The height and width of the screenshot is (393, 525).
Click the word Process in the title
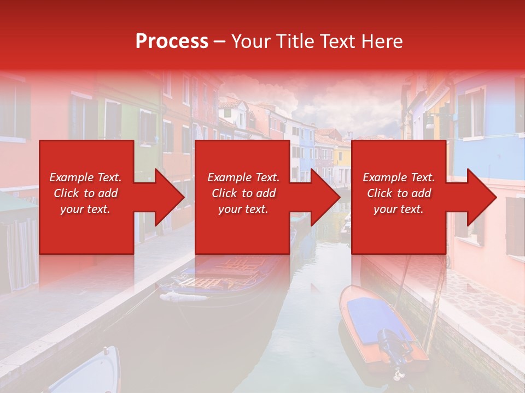click(x=172, y=41)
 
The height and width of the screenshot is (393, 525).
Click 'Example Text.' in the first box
click(x=85, y=177)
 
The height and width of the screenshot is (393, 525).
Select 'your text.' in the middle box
click(x=243, y=209)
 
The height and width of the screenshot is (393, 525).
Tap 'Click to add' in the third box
click(x=399, y=193)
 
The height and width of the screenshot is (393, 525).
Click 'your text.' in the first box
click(x=85, y=209)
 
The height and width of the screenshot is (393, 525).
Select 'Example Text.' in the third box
click(x=399, y=177)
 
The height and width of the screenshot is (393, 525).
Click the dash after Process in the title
click(x=219, y=41)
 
